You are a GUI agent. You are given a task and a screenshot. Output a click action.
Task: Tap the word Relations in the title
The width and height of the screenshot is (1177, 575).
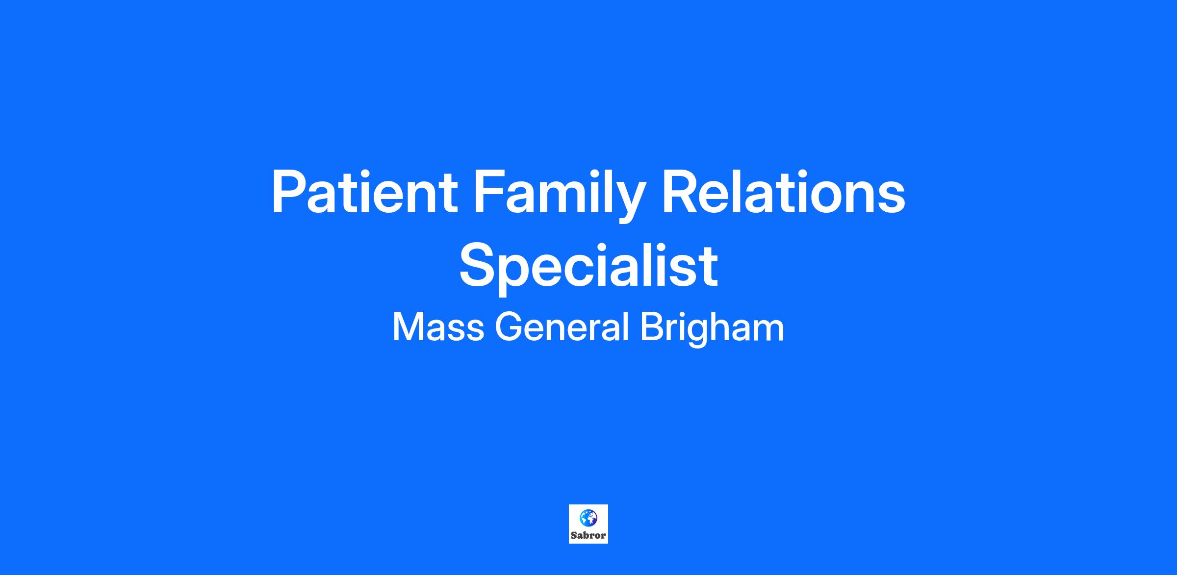click(x=784, y=192)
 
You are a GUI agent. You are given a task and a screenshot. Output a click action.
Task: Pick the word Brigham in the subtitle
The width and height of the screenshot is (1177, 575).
click(x=712, y=329)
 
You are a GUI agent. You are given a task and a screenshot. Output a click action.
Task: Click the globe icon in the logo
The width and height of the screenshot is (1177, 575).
click(x=588, y=518)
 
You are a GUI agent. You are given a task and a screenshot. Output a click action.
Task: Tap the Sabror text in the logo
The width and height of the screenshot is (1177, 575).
click(x=588, y=536)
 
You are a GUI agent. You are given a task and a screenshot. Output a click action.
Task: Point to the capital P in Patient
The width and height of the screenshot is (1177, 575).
click(x=291, y=192)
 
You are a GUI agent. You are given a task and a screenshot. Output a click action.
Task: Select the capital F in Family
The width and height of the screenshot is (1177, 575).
click(x=489, y=192)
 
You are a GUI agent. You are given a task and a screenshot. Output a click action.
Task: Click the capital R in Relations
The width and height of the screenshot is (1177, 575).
click(x=682, y=192)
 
